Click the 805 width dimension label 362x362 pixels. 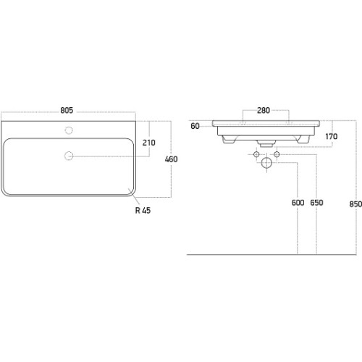pos(67,110)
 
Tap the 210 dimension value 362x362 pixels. pos(148,143)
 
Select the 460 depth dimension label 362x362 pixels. pos(171,159)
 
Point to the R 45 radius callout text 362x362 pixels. pos(143,211)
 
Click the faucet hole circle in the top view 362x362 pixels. pos(69,130)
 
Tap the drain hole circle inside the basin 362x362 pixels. pos(69,156)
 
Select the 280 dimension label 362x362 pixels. pos(264,110)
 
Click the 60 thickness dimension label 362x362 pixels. pos(195,126)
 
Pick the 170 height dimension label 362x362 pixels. pos(332,137)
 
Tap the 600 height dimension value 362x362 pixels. pos(298,203)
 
